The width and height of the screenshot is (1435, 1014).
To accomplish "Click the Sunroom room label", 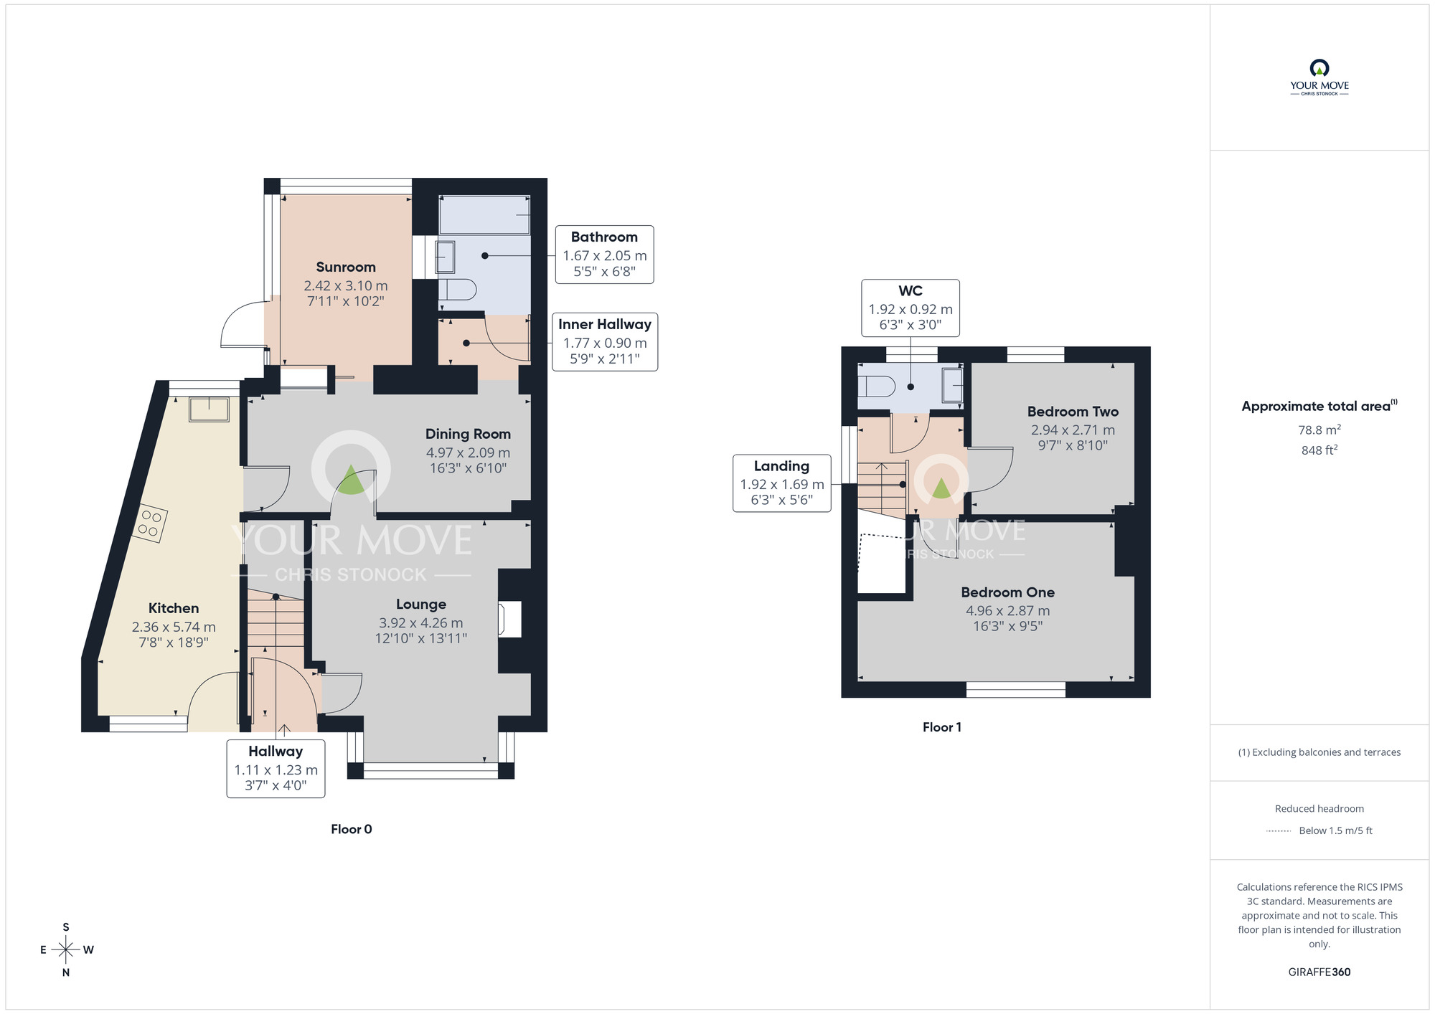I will pyautogui.click(x=345, y=267).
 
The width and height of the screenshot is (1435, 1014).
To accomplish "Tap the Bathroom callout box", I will pyautogui.click(x=604, y=255).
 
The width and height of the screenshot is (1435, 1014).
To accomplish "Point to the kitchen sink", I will pyautogui.click(x=209, y=409).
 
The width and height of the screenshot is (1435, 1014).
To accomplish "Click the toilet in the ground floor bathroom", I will pyautogui.click(x=457, y=290).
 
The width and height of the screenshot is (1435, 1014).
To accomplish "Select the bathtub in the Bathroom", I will pyautogui.click(x=484, y=214).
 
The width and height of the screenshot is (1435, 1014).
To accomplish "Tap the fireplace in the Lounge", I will pyautogui.click(x=509, y=620).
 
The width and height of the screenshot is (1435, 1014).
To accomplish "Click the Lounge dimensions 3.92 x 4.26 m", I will pyautogui.click(x=420, y=623).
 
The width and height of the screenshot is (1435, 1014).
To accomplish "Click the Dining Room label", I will pyautogui.click(x=468, y=434).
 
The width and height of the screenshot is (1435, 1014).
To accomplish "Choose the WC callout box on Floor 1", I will pyautogui.click(x=910, y=308).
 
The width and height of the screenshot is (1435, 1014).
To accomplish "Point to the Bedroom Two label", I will pyautogui.click(x=1073, y=412).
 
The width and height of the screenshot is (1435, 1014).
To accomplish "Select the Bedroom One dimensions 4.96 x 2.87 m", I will pyautogui.click(x=1007, y=611).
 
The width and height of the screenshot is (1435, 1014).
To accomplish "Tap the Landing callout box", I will pyautogui.click(x=781, y=483).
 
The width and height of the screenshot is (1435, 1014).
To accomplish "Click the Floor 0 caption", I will pyautogui.click(x=351, y=829).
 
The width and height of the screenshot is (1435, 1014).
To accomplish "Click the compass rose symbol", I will pyautogui.click(x=66, y=950).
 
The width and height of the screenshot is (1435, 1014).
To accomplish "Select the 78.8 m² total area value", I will pyautogui.click(x=1319, y=430).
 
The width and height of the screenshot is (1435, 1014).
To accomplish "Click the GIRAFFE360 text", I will pyautogui.click(x=1319, y=972).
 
